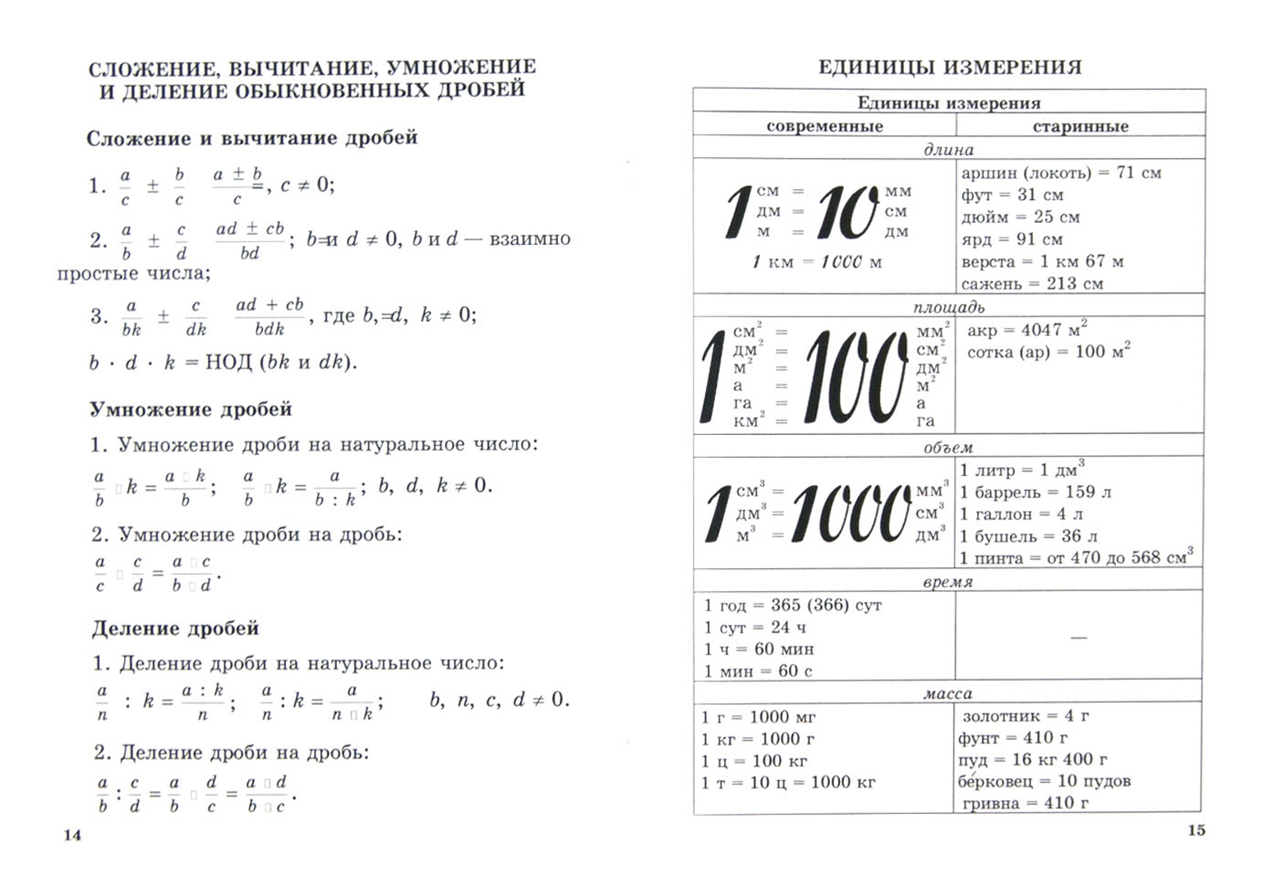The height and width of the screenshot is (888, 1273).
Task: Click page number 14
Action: click(x=73, y=835)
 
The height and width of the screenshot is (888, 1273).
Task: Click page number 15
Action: click(x=1197, y=830)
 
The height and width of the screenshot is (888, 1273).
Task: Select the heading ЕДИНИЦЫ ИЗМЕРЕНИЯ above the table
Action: click(x=950, y=67)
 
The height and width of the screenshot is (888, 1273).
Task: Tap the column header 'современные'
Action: click(x=824, y=126)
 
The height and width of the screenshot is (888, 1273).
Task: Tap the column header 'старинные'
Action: click(x=1080, y=126)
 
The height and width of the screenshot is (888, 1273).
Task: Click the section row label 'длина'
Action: click(x=948, y=150)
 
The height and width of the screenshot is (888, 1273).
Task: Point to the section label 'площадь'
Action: click(x=948, y=308)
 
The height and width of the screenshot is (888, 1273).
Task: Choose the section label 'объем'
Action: click(x=948, y=448)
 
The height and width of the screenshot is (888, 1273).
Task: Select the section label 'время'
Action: click(x=948, y=582)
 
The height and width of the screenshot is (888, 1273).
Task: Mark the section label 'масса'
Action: click(x=948, y=694)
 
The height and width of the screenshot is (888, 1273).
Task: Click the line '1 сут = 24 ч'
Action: click(x=759, y=627)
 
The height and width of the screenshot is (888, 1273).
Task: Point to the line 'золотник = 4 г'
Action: click(x=1026, y=716)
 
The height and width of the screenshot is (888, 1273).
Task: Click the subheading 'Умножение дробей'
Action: click(x=191, y=409)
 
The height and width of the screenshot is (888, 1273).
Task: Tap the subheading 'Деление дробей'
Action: click(x=175, y=629)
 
